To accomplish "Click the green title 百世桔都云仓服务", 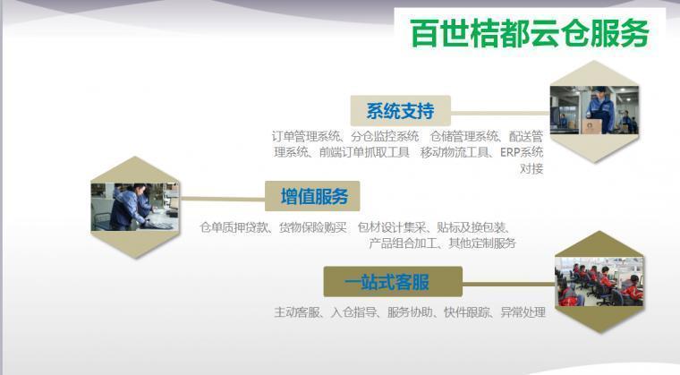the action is click(x=529, y=33).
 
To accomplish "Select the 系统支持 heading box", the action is click(x=400, y=111).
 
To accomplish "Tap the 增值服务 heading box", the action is click(x=312, y=196).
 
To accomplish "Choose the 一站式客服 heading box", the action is click(x=393, y=282).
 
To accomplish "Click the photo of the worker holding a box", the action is click(x=594, y=110).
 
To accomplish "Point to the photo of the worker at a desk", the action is click(x=134, y=207).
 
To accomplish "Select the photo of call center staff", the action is click(x=599, y=282).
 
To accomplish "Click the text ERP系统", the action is click(x=522, y=152).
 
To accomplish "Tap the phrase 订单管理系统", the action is click(x=306, y=136).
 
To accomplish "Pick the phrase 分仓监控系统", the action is click(x=385, y=136).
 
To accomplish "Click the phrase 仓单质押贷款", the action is click(x=234, y=227).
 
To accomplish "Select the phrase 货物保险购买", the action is click(x=312, y=227).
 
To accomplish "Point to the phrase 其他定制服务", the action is click(x=482, y=243).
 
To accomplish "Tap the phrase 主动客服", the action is click(x=297, y=311).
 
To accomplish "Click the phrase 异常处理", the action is click(x=523, y=311).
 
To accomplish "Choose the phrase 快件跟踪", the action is click(x=467, y=311).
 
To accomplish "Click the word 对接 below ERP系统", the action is click(x=531, y=168).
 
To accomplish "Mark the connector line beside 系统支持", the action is click(x=500, y=114).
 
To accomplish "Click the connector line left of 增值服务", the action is click(x=222, y=199).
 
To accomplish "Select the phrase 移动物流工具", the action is click(x=455, y=152).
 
